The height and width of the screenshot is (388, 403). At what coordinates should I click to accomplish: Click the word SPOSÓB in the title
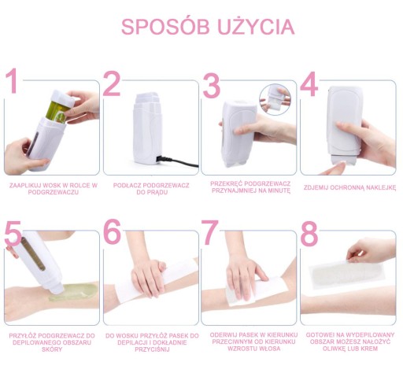click(x=165, y=27)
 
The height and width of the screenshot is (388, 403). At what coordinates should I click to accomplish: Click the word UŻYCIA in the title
click(x=256, y=26)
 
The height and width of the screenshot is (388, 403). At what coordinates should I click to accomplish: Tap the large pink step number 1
click(x=12, y=81)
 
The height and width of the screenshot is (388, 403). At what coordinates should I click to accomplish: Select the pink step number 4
click(x=309, y=84)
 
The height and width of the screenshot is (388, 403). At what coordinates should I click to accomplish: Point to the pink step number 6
click(x=112, y=231)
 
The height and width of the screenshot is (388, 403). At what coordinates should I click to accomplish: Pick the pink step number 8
click(x=309, y=234)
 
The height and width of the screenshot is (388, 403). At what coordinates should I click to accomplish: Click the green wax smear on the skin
click(x=73, y=292)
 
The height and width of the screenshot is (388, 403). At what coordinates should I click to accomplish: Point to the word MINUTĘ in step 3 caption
click(x=279, y=190)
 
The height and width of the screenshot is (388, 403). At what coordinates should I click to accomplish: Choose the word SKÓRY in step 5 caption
click(x=52, y=349)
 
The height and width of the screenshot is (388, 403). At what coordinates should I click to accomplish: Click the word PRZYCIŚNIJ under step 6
click(x=152, y=349)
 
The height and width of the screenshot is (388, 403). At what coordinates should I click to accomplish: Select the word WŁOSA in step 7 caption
click(x=269, y=349)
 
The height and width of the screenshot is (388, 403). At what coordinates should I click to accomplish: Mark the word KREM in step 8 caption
click(x=369, y=349)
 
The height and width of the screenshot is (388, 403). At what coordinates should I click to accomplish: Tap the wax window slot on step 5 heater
click(x=33, y=253)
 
